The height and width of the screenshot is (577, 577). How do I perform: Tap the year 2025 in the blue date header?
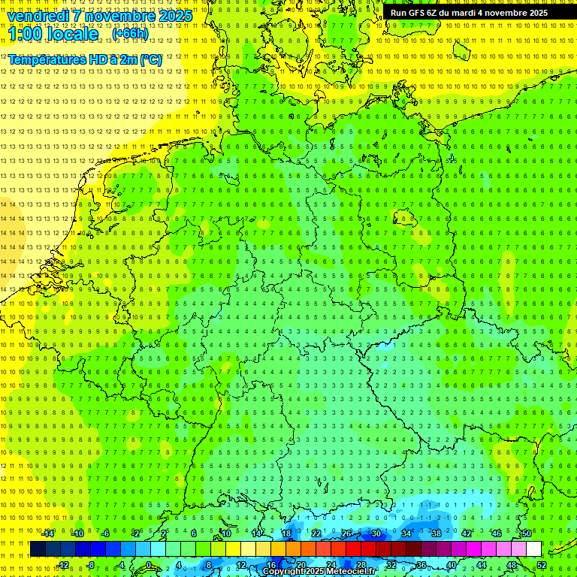point(171,16)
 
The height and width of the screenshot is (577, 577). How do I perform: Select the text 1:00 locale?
point(53,34)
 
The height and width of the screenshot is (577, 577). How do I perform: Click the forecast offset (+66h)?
point(130,34)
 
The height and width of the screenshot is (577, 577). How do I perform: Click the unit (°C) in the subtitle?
point(150,59)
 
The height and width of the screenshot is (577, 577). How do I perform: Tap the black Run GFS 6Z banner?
point(469,13)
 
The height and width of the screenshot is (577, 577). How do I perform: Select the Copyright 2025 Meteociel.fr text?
point(319,571)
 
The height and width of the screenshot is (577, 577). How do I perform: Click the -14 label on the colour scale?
point(48,533)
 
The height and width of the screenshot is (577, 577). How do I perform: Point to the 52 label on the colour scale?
point(542,565)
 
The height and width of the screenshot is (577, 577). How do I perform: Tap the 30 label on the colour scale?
point(376,533)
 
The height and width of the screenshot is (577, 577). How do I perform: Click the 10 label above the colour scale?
point(225,533)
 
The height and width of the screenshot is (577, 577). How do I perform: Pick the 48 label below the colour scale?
point(512,565)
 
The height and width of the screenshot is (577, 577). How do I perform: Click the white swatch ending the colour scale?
point(533,549)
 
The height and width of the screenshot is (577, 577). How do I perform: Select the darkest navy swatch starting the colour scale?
point(38,549)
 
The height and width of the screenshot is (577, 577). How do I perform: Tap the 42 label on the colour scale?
point(466,533)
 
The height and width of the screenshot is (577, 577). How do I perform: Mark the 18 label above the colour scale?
point(285,533)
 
